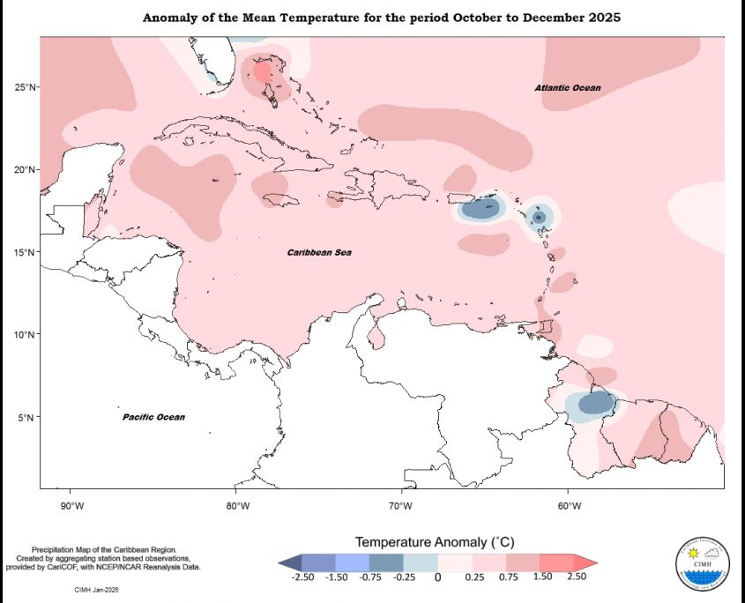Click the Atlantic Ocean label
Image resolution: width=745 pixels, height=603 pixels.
567,88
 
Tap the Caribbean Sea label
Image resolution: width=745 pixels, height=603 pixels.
319,253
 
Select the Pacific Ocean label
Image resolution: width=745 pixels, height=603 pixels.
153,417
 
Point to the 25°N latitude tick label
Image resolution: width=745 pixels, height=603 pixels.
24,87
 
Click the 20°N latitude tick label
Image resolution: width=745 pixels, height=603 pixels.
24,169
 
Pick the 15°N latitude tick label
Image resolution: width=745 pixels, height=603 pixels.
24,252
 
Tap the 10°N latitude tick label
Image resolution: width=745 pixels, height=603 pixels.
24,334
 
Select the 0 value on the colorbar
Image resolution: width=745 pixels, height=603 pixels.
437,577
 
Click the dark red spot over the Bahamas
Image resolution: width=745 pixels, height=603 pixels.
263,72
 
